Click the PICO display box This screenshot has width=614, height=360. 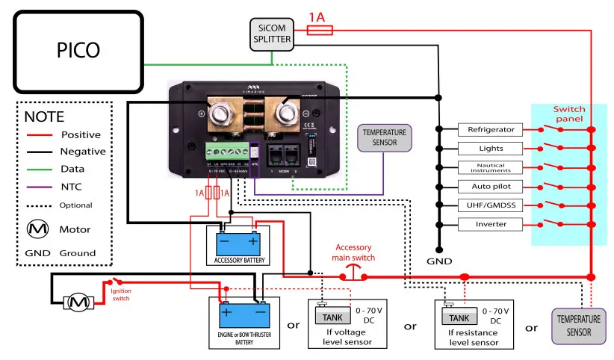78,49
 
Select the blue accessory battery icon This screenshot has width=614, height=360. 238,242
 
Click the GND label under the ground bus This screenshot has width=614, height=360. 439,263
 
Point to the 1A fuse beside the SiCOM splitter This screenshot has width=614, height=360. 320,30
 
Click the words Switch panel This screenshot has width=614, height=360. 570,114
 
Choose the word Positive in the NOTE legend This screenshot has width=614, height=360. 81,134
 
